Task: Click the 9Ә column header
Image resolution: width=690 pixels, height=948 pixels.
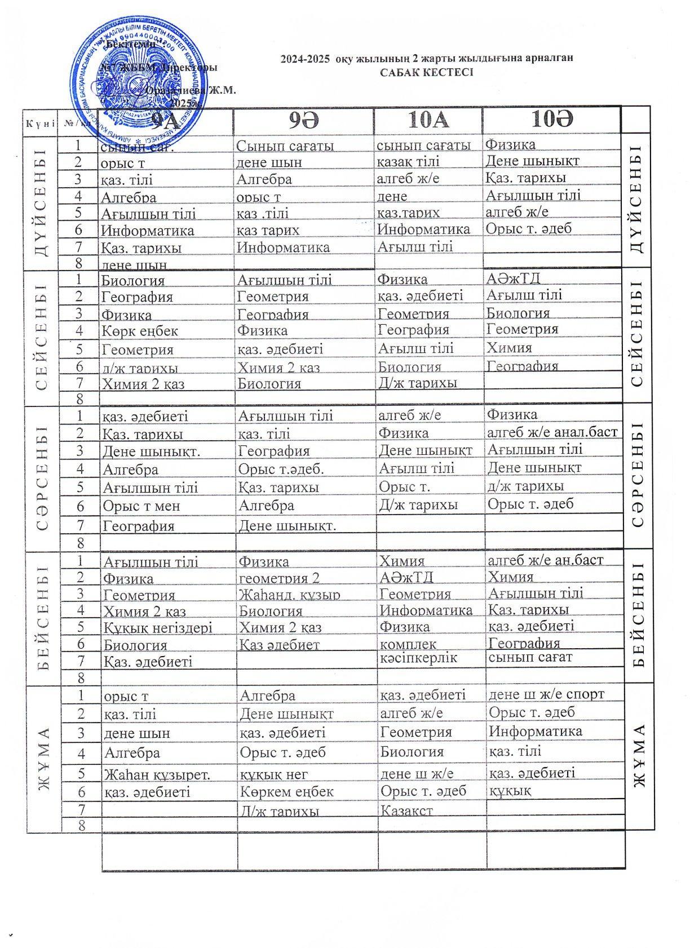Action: [x=304, y=121]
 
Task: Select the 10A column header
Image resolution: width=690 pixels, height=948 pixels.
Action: [x=428, y=121]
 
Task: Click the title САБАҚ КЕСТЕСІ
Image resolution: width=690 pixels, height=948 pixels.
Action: [x=426, y=72]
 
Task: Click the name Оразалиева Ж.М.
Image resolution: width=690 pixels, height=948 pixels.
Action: [x=191, y=90]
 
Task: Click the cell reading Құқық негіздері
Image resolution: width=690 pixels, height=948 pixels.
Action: [x=157, y=627]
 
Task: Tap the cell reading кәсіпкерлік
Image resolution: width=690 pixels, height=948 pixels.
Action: [x=418, y=658]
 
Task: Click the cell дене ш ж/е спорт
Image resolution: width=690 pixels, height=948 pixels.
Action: [x=546, y=694]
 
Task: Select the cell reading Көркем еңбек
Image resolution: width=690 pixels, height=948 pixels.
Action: [x=286, y=791]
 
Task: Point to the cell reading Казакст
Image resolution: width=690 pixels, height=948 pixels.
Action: [x=406, y=810]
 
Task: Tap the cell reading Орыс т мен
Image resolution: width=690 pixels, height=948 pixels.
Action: [x=141, y=506]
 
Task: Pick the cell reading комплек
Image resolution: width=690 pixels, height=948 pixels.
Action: [x=408, y=644]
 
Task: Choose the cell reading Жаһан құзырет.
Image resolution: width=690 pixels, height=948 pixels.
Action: [x=157, y=774]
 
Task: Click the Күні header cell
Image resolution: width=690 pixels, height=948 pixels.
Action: [x=39, y=122]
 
